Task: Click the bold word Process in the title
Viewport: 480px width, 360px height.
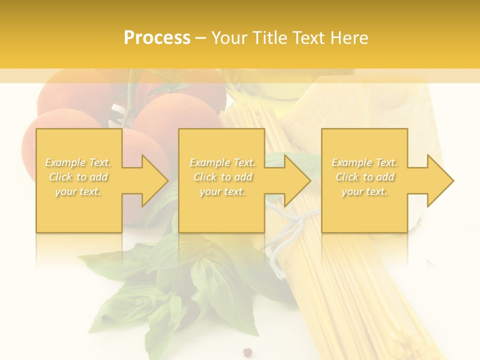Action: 157,38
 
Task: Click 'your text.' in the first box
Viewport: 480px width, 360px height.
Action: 78,191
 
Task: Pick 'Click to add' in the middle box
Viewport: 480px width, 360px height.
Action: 222,177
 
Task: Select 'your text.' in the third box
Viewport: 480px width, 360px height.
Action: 364,191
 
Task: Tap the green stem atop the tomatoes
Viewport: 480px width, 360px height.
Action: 131,97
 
